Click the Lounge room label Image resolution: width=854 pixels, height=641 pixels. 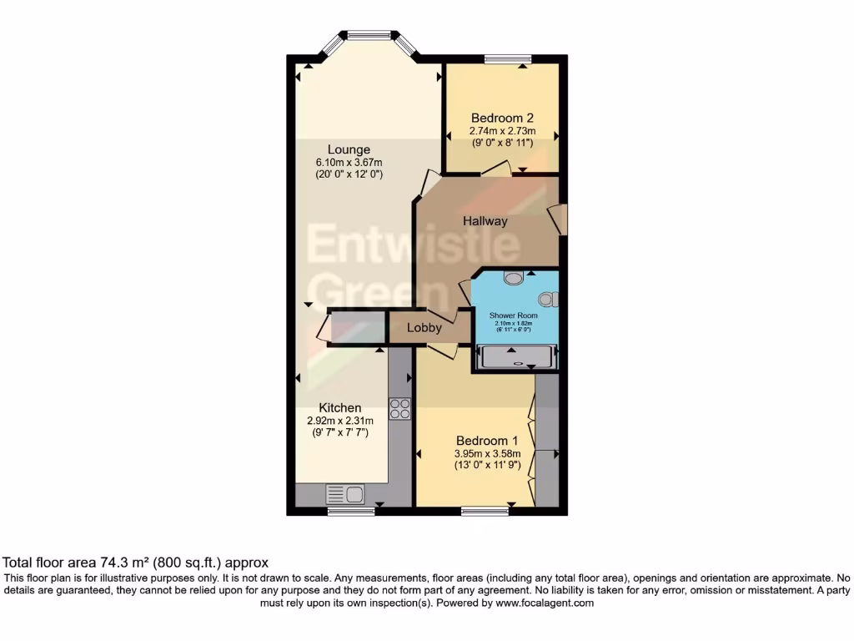[x=349, y=149]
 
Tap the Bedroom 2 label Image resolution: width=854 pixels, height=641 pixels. [x=502, y=118]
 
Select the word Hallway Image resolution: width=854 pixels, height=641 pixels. [x=485, y=221]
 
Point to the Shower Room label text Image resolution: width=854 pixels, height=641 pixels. [x=514, y=315]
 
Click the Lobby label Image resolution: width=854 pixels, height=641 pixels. [x=424, y=328]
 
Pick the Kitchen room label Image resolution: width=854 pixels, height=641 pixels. [x=339, y=408]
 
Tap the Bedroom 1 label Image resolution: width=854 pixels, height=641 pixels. [x=487, y=441]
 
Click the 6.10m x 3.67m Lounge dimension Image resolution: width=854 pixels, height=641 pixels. [x=349, y=162]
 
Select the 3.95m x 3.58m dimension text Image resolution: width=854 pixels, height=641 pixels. [x=487, y=454]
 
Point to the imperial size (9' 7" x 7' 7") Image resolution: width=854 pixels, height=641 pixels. [x=339, y=433]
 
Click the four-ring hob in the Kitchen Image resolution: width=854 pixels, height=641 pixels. [x=399, y=409]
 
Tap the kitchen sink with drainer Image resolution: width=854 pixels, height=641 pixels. [x=345, y=494]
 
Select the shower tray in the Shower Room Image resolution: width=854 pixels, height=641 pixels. [x=515, y=359]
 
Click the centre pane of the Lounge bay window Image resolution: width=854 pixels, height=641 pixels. [x=369, y=35]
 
